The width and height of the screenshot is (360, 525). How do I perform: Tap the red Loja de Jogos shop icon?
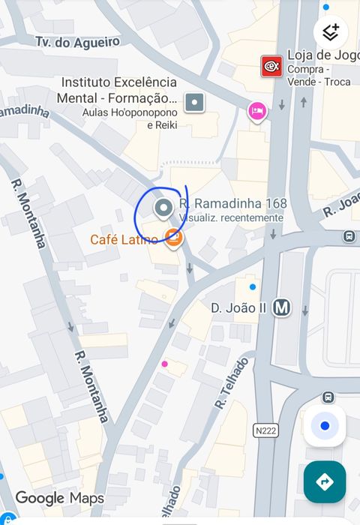(271, 67)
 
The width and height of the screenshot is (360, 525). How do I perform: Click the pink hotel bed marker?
(257, 112)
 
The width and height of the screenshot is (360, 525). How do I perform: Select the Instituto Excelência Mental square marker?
(194, 103)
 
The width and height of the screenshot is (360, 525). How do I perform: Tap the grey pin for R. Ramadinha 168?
(163, 208)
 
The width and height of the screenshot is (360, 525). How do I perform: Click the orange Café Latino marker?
(173, 238)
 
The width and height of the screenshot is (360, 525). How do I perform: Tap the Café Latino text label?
(124, 240)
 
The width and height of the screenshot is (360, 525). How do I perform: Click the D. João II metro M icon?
(282, 307)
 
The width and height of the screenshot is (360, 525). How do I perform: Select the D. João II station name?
(239, 307)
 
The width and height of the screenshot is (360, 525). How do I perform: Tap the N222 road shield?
(265, 430)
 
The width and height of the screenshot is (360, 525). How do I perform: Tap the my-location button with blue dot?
(325, 426)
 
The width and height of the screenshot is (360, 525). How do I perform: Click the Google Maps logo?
(59, 498)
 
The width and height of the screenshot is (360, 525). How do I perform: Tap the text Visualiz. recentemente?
(232, 217)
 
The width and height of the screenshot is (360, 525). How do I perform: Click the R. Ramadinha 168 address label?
(234, 203)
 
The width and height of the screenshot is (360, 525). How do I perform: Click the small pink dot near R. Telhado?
(164, 364)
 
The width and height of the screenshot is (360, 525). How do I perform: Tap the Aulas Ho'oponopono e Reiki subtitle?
(130, 118)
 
